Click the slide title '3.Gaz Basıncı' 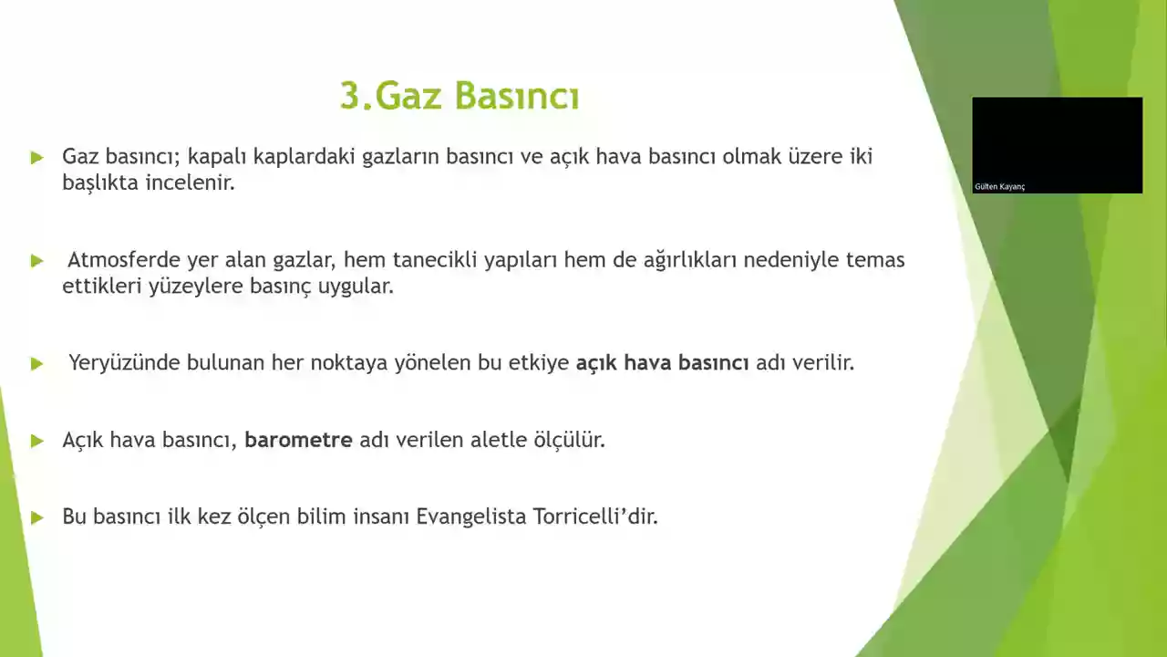coord(460,96)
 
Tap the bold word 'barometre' coord(298,440)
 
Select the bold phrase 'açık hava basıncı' coord(662,362)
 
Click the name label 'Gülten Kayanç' coord(999,187)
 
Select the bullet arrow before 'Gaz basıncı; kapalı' coord(36,157)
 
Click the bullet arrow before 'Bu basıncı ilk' coord(36,517)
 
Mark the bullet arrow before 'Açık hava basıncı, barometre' coord(36,441)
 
